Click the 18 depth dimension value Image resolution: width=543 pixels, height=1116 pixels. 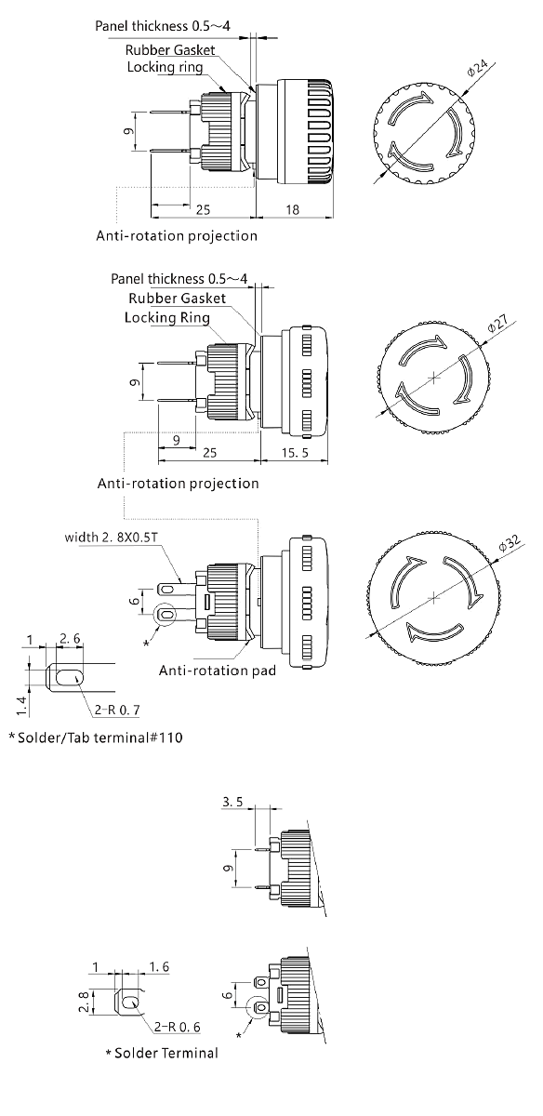[x=291, y=211]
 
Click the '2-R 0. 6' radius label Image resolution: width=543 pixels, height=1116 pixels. [x=177, y=1027]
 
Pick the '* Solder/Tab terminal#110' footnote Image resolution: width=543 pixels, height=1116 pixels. [x=96, y=738]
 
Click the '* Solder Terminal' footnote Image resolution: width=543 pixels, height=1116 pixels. [x=162, y=1053]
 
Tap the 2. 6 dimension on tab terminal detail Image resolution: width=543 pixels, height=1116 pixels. [x=70, y=638]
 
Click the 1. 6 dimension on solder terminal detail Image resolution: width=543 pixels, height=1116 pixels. [x=159, y=967]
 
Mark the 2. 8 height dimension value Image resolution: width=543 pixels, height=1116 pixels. [x=83, y=1001]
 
